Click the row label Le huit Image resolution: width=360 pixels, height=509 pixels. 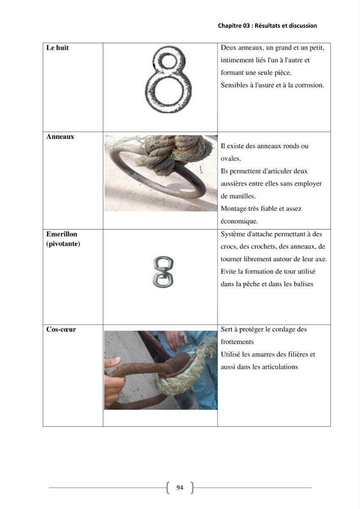click(58, 48)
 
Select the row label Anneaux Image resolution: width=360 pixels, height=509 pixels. click(60, 136)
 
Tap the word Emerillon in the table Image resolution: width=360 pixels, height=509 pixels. click(62, 234)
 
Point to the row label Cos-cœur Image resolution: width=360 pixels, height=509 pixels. click(61, 329)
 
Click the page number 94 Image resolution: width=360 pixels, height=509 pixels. click(180, 487)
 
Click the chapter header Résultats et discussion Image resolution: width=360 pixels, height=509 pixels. click(286, 25)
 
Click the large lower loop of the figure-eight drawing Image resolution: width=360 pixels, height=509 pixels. click(168, 93)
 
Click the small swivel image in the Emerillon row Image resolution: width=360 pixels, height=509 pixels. click(162, 272)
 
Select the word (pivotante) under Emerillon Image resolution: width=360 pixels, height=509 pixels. click(63, 244)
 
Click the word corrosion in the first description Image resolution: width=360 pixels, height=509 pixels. click(310, 86)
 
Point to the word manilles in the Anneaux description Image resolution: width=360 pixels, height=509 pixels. click(242, 196)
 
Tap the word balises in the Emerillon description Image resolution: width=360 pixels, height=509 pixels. click(303, 284)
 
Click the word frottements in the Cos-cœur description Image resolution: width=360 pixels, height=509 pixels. click(237, 342)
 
